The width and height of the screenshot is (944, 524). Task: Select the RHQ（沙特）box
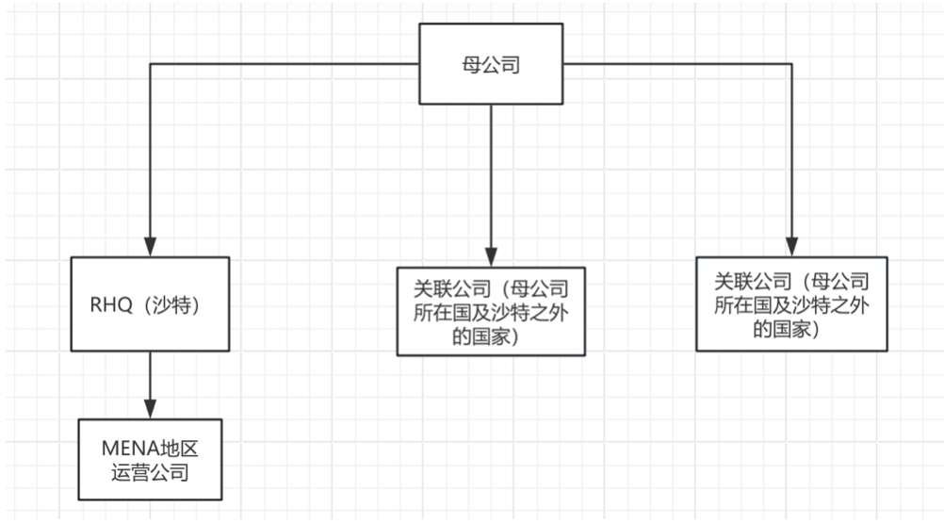click(x=151, y=304)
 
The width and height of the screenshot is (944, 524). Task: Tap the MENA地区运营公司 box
click(x=151, y=459)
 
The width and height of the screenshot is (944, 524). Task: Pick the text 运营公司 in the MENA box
click(x=151, y=471)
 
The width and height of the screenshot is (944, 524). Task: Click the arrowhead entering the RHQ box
click(x=150, y=250)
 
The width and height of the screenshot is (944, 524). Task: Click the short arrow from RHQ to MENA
click(x=150, y=382)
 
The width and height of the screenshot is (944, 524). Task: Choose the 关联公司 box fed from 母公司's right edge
click(x=791, y=304)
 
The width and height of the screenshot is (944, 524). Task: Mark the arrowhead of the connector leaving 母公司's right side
click(x=791, y=250)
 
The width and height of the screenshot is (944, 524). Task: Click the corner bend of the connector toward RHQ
click(x=150, y=65)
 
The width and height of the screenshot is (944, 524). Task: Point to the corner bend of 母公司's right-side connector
click(x=791, y=65)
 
